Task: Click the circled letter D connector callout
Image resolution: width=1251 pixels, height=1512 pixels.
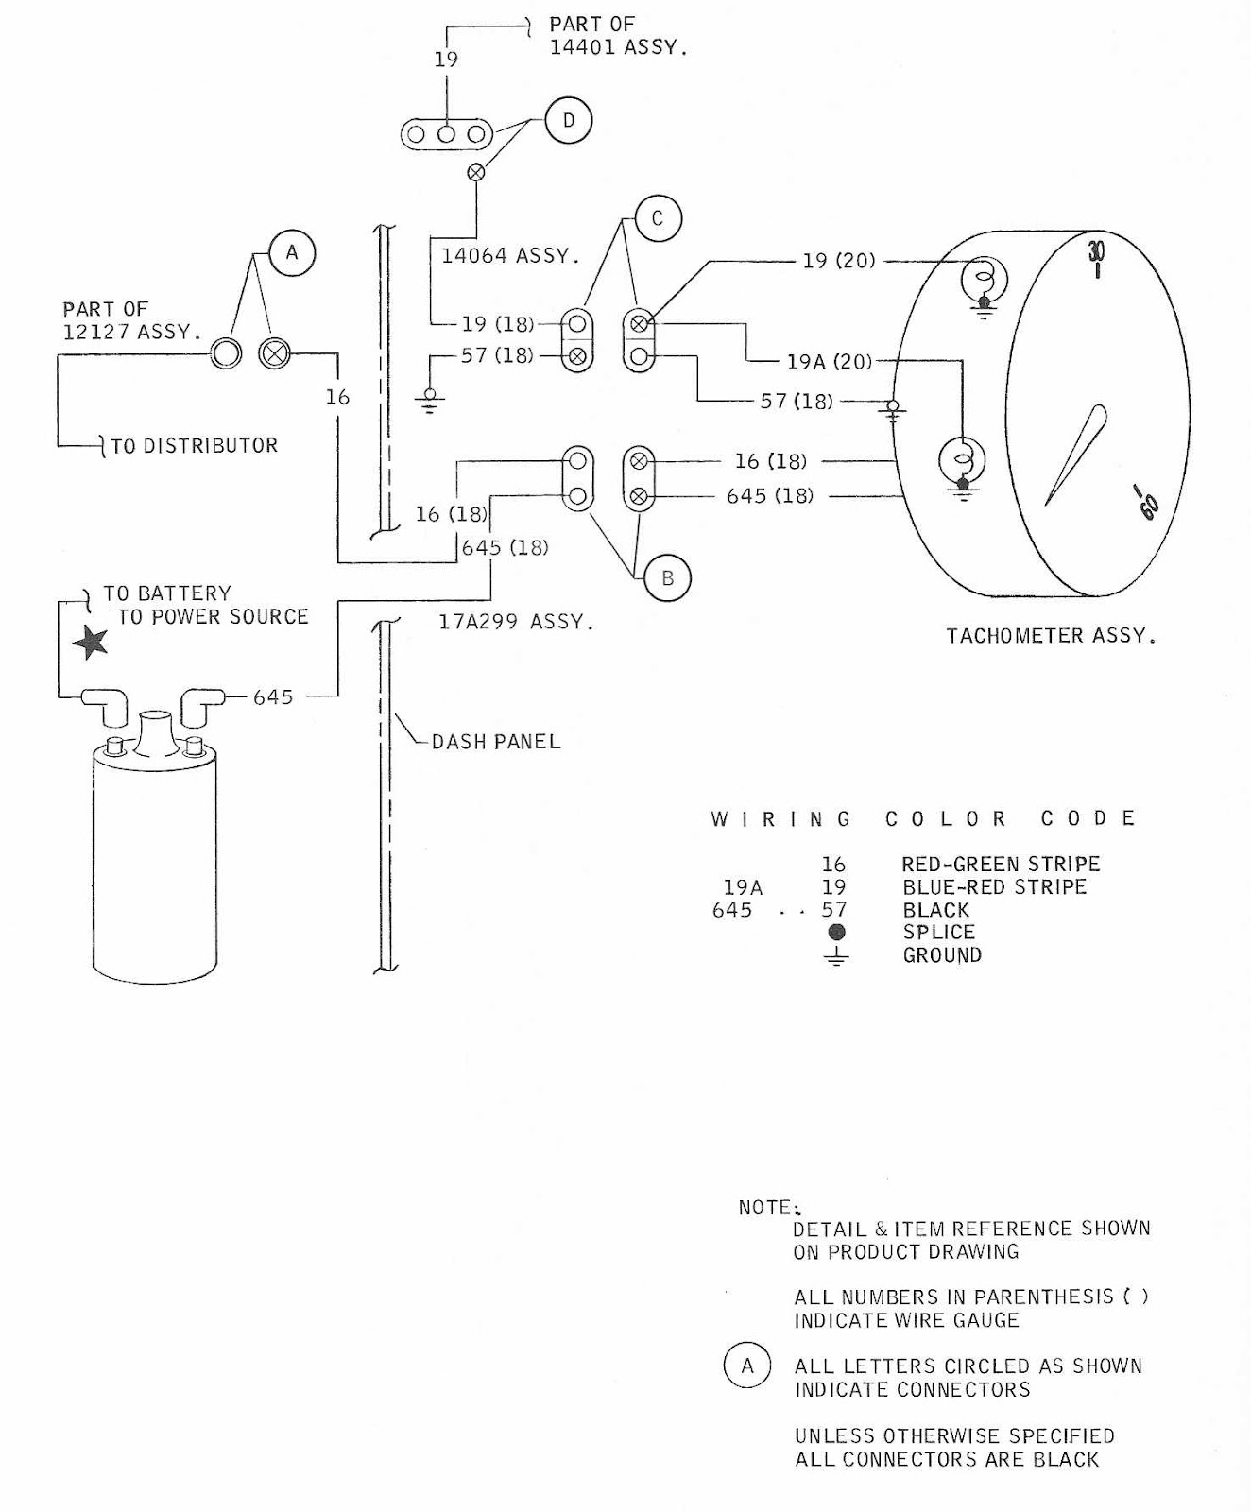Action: tap(568, 121)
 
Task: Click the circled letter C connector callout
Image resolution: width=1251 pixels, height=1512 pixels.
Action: tap(658, 219)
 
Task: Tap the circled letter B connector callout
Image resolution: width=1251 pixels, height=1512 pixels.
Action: tap(667, 578)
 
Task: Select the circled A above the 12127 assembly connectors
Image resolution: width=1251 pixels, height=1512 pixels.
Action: tap(292, 253)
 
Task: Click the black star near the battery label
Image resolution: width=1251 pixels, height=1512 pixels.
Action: tap(91, 643)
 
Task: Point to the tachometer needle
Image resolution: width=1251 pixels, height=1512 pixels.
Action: tap(1077, 454)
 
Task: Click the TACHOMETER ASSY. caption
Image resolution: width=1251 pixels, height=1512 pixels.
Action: tap(1051, 636)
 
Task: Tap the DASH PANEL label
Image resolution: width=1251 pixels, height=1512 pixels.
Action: tap(496, 742)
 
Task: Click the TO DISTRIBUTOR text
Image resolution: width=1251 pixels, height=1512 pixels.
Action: tap(194, 446)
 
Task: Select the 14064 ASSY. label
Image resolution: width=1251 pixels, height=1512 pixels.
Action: tap(509, 255)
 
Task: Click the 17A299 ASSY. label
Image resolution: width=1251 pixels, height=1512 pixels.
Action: tap(516, 622)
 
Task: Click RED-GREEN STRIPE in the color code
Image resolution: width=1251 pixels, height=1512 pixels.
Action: tap(1001, 864)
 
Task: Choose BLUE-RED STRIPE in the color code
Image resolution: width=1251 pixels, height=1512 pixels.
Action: tap(994, 886)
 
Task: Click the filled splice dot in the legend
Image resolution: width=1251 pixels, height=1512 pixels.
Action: tap(835, 933)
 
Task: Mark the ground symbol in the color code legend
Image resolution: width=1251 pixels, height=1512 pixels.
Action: tap(835, 956)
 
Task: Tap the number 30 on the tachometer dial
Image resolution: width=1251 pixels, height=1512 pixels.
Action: tap(1096, 251)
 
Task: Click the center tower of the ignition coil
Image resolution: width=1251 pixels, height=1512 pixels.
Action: tap(154, 732)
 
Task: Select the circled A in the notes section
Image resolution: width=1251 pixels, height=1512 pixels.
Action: tap(747, 1366)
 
